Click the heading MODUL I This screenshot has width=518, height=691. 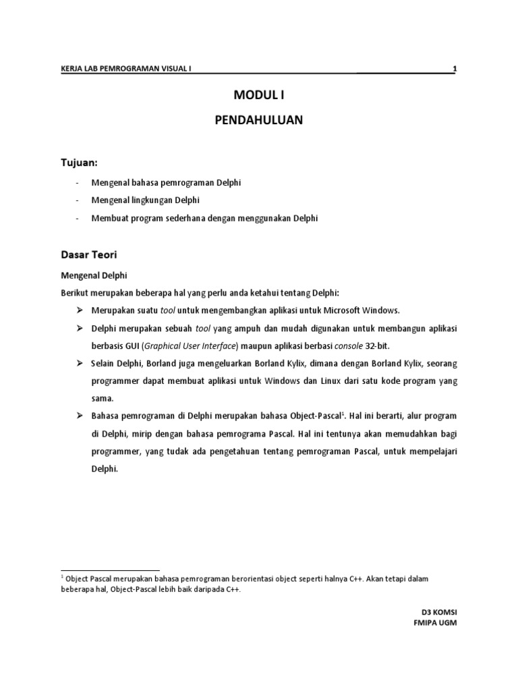pyautogui.click(x=259, y=94)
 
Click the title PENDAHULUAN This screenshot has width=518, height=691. pyautogui.click(x=259, y=120)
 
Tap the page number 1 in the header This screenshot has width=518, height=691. pyautogui.click(x=455, y=68)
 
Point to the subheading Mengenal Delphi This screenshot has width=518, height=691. pyautogui.click(x=94, y=276)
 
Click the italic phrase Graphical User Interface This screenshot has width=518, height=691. pyautogui.click(x=190, y=346)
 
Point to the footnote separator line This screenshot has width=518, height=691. pyautogui.click(x=110, y=570)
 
